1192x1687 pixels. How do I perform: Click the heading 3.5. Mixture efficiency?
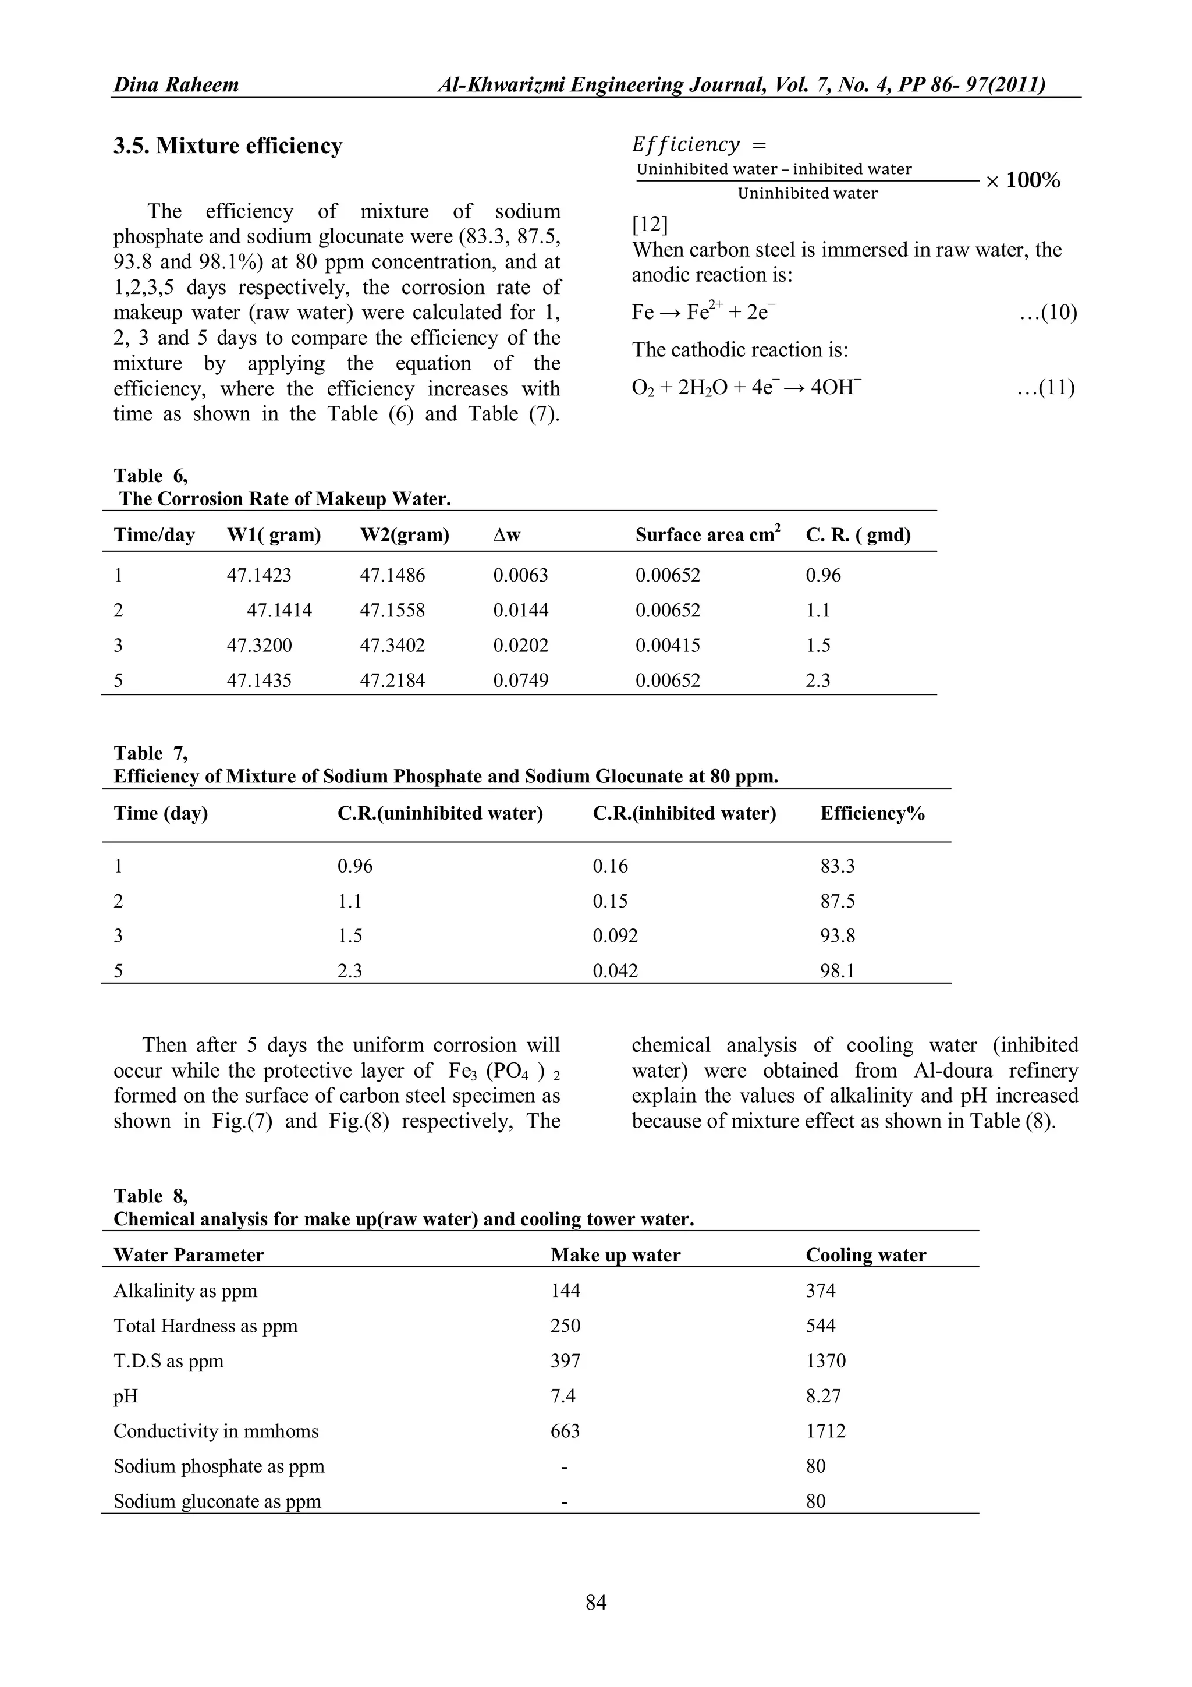coord(228,146)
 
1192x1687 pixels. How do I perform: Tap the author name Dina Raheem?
coord(176,85)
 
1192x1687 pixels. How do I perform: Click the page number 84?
coord(595,1602)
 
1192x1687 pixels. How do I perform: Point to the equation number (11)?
coord(1046,387)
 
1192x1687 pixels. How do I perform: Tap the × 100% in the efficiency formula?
coord(1023,180)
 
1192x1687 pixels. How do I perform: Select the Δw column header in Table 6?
coord(507,535)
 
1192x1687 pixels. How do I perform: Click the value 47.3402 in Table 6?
coord(392,645)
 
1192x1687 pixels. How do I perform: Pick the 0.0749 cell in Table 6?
coord(521,681)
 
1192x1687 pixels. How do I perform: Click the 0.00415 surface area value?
coord(668,645)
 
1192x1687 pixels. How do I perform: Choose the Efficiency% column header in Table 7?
coord(872,813)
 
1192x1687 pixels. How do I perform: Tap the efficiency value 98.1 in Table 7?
coord(838,970)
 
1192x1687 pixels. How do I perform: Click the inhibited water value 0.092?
coord(615,935)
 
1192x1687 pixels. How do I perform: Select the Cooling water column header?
coord(866,1255)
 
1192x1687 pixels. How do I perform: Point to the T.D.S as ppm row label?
coord(168,1361)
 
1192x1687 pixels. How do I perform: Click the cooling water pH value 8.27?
coord(824,1396)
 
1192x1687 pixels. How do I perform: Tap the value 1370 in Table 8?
coord(825,1361)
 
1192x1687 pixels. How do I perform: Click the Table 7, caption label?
coord(151,753)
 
